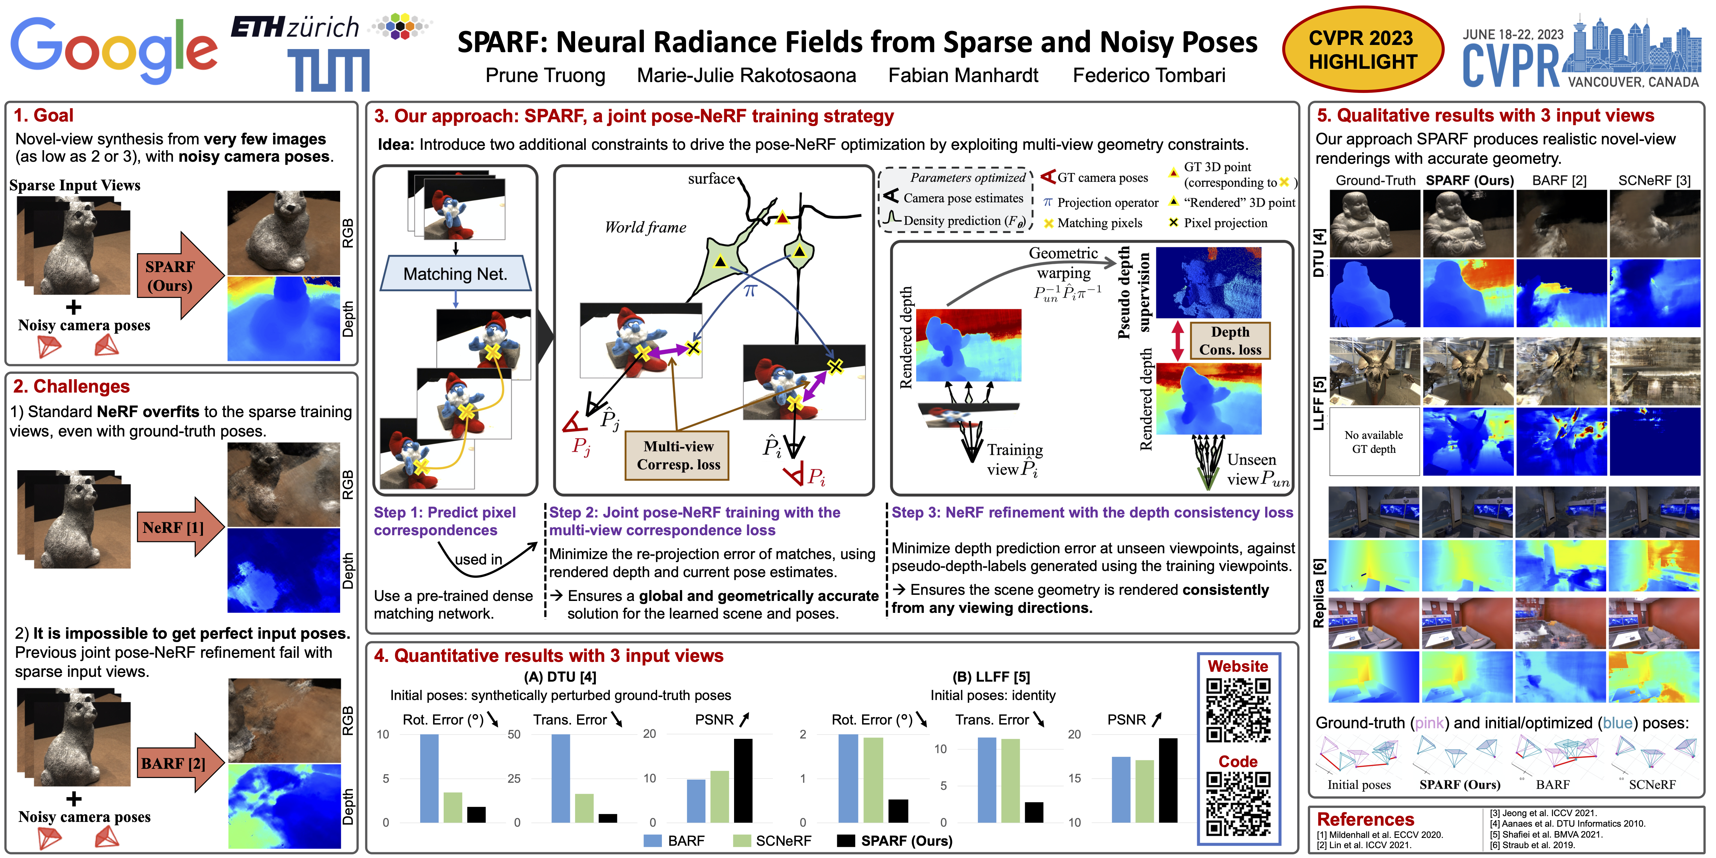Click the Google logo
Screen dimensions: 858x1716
pos(113,50)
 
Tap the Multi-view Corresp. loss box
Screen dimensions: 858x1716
pos(678,456)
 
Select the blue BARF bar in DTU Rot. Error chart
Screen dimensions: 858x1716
pos(429,778)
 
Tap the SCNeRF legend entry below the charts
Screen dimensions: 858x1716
pos(773,841)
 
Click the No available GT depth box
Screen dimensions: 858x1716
pos(1373,442)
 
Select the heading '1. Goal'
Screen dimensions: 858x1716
pos(44,115)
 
